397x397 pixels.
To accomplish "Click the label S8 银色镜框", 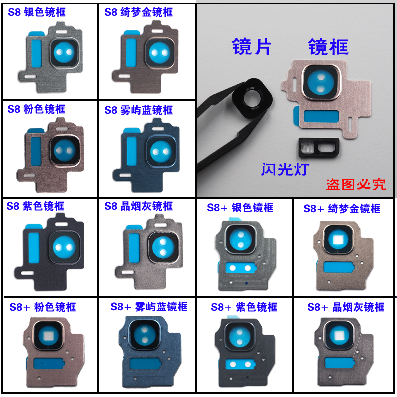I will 36,12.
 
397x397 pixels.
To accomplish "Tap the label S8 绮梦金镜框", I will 138,12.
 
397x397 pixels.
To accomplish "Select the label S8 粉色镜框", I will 36,109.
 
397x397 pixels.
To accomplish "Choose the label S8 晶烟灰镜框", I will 138,206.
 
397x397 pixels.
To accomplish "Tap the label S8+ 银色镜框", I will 240,207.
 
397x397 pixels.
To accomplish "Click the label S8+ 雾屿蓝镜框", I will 149,306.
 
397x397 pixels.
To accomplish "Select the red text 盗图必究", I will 356,184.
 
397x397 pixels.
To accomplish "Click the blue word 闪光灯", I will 285,169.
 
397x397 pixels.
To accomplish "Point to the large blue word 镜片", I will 251,46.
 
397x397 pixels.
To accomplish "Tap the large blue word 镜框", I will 328,47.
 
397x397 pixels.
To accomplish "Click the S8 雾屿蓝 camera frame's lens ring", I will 160,149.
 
